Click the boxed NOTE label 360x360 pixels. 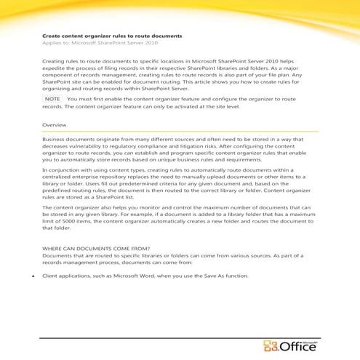click(x=52, y=97)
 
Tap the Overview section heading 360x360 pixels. click(x=55, y=125)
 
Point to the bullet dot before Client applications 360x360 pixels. click(x=34, y=276)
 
